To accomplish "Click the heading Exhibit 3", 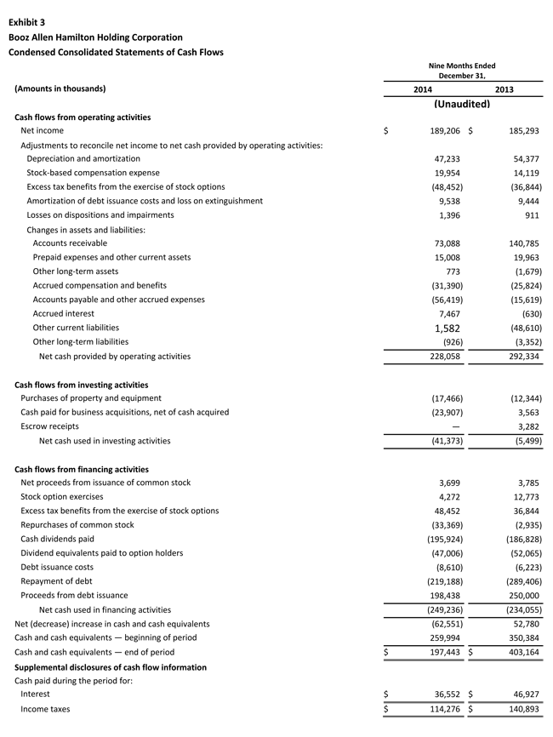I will click(x=27, y=22).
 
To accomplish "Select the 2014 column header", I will click(x=422, y=89).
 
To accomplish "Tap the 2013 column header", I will click(x=504, y=89).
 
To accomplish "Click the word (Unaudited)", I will click(x=462, y=104).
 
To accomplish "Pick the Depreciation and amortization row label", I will click(x=83, y=158).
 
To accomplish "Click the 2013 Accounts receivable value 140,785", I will click(x=522, y=243).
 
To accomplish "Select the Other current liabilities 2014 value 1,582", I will click(x=448, y=328).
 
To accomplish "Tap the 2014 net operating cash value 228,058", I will click(x=441, y=356).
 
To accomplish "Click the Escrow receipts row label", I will click(x=49, y=426).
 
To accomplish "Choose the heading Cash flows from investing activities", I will click(x=82, y=385).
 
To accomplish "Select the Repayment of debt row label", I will click(x=57, y=581).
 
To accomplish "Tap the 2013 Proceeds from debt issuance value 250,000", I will click(x=522, y=595).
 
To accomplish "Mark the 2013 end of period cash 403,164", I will click(x=522, y=652).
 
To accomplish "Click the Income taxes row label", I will click(x=45, y=708).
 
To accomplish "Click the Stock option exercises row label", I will click(x=61, y=496).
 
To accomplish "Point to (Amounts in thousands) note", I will click(x=60, y=89).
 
